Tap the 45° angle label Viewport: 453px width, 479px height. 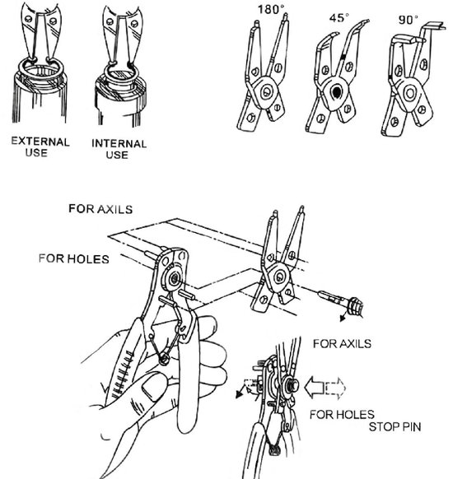tap(339, 18)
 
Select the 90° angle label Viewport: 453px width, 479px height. tap(408, 20)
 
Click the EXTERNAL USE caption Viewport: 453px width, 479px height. tap(40, 147)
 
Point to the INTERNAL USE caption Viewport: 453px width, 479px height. tap(119, 149)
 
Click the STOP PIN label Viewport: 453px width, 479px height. tap(395, 427)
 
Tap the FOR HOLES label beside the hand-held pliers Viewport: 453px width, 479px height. tap(74, 258)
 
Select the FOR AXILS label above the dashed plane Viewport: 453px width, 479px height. tap(100, 209)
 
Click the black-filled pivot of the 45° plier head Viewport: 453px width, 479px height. tap(337, 92)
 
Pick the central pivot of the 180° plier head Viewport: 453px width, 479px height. tap(267, 91)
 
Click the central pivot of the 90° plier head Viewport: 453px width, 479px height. tap(409, 93)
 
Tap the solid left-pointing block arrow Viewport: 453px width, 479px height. tap(315, 387)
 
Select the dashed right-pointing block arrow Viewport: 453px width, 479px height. tap(336, 388)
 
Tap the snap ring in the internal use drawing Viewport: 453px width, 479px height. tap(121, 73)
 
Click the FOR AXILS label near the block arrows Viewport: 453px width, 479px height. tap(342, 344)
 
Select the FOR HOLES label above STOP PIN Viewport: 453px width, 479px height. tap(342, 415)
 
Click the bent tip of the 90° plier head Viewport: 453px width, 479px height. tap(434, 26)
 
